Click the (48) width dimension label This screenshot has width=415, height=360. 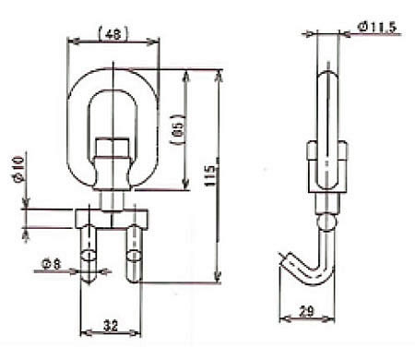point(113,33)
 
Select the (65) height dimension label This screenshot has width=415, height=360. point(178,130)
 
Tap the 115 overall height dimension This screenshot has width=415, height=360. point(210,175)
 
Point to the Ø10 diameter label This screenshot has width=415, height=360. point(18,169)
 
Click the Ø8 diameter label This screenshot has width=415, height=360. point(52,264)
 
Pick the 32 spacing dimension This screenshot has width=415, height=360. point(111,325)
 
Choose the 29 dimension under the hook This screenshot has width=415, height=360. point(306,311)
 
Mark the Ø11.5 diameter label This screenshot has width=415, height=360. point(377,27)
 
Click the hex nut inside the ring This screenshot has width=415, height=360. point(112,148)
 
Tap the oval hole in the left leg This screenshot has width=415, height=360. point(89,256)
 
